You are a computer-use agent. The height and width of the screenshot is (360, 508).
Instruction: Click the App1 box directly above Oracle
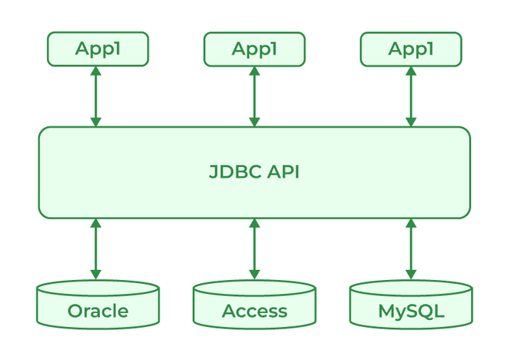[98, 49]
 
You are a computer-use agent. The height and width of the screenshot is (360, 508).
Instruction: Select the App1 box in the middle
[254, 49]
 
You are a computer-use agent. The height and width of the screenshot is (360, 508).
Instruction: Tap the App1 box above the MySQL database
[411, 49]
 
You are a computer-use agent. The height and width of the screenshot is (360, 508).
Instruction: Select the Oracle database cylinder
[98, 305]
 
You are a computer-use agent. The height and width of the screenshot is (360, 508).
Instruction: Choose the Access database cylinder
[254, 305]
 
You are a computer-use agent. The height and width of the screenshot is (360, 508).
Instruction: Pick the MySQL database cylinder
[411, 305]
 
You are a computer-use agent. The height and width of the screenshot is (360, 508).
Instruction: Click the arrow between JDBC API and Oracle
[96, 249]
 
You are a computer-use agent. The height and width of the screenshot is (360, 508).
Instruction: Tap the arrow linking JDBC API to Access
[254, 249]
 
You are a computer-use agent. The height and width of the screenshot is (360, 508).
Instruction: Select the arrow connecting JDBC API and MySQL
[411, 249]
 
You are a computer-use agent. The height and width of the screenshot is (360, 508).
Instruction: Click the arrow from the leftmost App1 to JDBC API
[96, 96]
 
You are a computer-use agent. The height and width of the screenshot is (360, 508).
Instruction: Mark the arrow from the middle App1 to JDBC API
[254, 96]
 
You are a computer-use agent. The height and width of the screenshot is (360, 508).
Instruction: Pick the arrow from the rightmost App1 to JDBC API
[411, 96]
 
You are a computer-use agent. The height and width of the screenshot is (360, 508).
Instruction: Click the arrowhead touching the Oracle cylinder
[96, 273]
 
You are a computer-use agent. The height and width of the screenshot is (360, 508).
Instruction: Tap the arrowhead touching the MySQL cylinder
[411, 273]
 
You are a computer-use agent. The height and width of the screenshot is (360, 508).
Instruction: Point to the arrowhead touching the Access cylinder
[254, 273]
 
